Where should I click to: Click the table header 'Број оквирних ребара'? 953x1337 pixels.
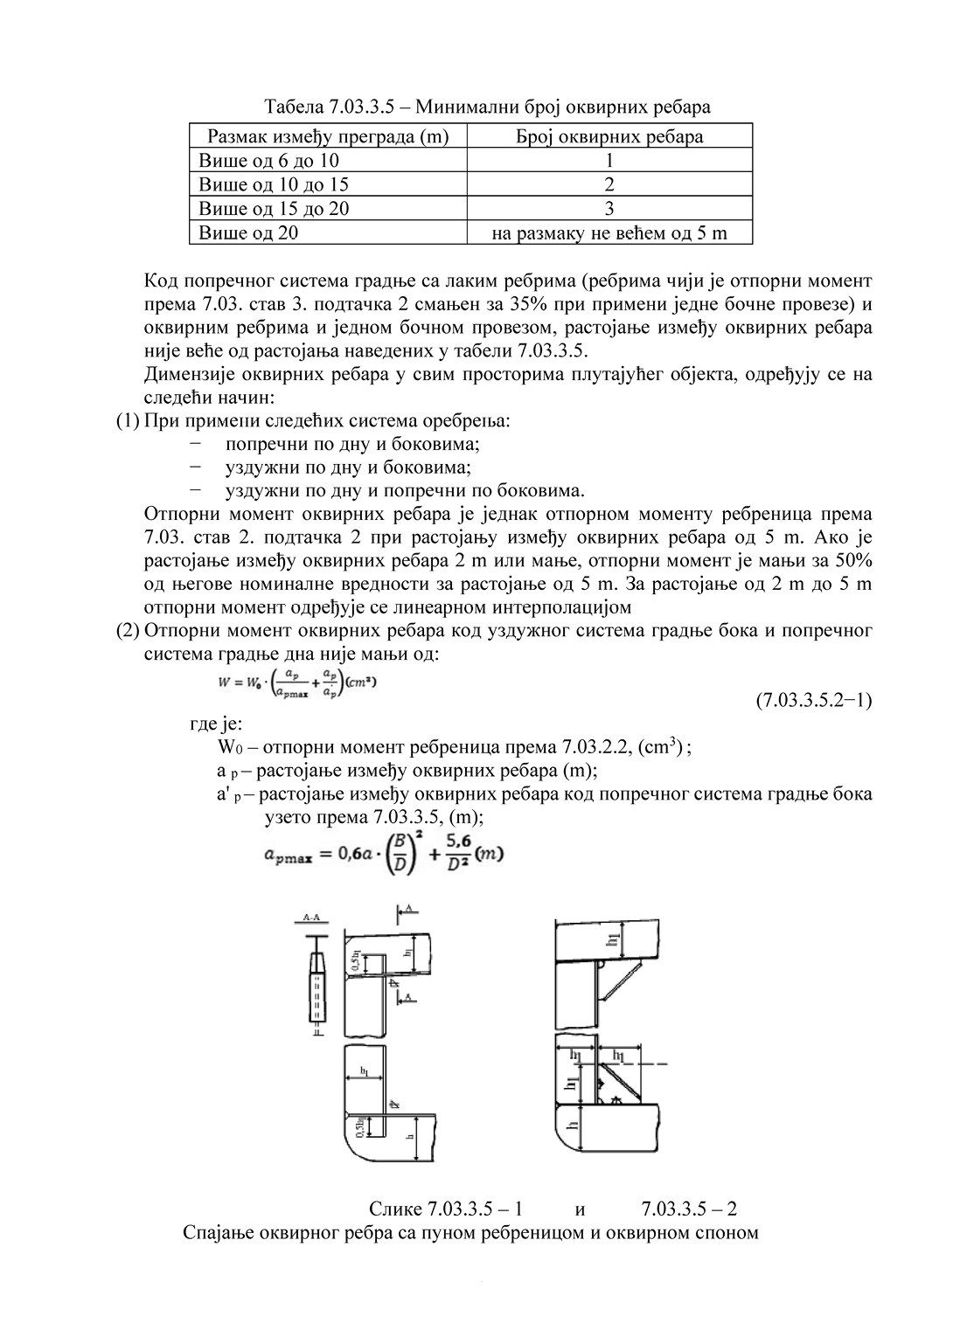(609, 136)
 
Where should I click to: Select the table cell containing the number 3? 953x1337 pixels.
(609, 208)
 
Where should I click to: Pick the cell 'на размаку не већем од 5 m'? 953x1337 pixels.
(609, 232)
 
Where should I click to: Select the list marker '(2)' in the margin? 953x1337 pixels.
(128, 631)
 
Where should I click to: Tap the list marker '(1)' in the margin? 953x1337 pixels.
(128, 420)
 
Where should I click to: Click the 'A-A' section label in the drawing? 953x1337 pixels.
(311, 918)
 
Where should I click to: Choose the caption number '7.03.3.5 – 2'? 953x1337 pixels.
(688, 1209)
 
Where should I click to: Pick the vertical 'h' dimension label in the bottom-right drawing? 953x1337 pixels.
(573, 1128)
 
